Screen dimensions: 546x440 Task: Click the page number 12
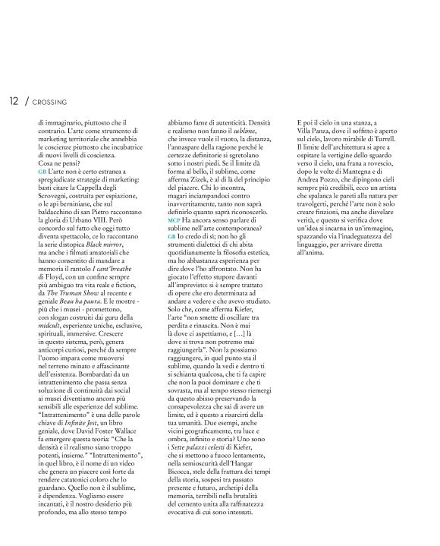[14, 100]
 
